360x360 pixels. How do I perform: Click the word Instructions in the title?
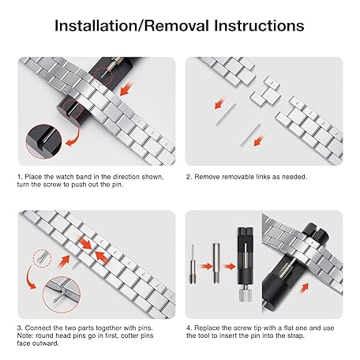[x=259, y=26]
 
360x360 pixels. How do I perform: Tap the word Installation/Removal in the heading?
[x=132, y=26]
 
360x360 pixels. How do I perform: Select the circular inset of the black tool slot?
[x=43, y=141]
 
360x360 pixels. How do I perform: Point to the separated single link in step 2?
[x=265, y=92]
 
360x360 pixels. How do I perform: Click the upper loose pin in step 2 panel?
[x=226, y=114]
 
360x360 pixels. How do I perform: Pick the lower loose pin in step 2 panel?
[x=250, y=135]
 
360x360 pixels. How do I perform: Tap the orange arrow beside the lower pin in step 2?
[x=259, y=140]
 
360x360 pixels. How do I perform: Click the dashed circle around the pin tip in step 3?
[x=43, y=258]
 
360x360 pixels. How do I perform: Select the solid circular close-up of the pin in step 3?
[x=62, y=294]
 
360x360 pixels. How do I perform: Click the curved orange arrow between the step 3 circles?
[x=29, y=278]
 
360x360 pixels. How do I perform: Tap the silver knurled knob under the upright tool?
[x=246, y=295]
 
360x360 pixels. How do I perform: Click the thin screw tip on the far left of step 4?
[x=193, y=264]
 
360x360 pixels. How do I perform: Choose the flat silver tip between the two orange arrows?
[x=216, y=263]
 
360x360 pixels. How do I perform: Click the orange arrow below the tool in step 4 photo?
[x=304, y=287]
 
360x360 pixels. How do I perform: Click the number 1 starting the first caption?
[x=19, y=177]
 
